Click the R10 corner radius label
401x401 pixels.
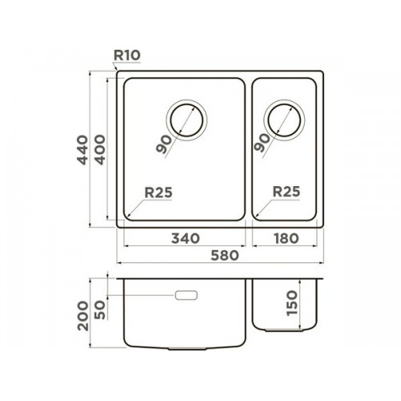(x=127, y=55)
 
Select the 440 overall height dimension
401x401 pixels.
(x=83, y=150)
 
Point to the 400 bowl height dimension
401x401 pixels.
(x=100, y=149)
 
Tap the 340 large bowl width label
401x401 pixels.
(x=185, y=238)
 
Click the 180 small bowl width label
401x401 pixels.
(x=286, y=238)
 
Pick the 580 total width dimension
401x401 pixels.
(x=225, y=255)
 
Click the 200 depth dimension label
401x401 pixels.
(x=83, y=316)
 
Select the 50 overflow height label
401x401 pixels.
(x=100, y=310)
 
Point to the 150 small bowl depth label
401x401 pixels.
(x=292, y=303)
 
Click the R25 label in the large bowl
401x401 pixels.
(x=159, y=192)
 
